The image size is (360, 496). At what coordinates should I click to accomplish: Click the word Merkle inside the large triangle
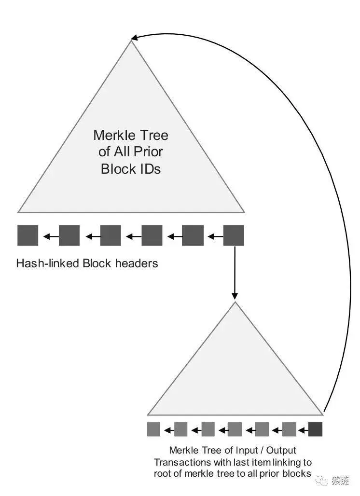coord(112,135)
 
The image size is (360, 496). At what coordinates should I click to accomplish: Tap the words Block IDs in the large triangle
coord(130,169)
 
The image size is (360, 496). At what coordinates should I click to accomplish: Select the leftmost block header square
coord(28,235)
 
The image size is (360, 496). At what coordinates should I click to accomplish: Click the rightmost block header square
coord(234,235)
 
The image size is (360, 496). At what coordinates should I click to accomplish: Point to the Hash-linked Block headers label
coord(87,263)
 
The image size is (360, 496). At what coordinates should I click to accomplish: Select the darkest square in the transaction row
coord(315,429)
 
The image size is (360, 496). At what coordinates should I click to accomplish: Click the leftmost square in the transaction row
coord(153,429)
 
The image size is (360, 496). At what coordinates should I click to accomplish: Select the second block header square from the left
coord(69,235)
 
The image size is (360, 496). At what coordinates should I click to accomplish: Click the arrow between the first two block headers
coord(49,236)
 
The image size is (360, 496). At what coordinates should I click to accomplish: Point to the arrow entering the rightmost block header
coord(213,236)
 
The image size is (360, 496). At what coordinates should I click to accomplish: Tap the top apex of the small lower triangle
coord(235,303)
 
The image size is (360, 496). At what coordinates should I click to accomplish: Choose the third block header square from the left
coord(111,235)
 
